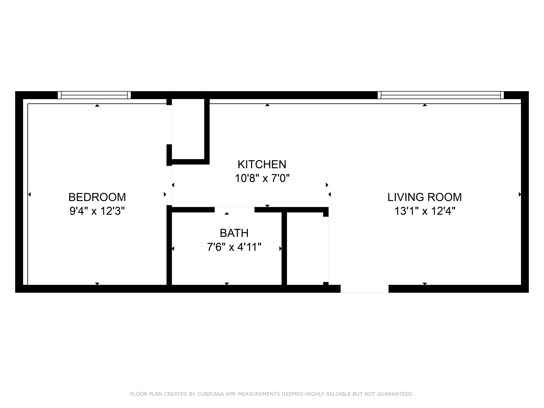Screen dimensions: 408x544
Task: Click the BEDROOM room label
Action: pyautogui.click(x=97, y=197)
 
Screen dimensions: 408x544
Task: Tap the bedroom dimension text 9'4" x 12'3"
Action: pyautogui.click(x=97, y=211)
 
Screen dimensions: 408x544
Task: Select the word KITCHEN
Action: pyautogui.click(x=262, y=165)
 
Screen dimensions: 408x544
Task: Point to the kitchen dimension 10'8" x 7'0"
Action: pyautogui.click(x=262, y=178)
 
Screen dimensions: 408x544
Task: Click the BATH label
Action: pyautogui.click(x=234, y=233)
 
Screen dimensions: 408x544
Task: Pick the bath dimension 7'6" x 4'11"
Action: pyautogui.click(x=234, y=247)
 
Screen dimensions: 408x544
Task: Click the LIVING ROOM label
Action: pyautogui.click(x=424, y=197)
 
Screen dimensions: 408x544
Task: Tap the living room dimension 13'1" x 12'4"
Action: pyautogui.click(x=424, y=211)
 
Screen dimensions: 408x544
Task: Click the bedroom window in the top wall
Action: pyautogui.click(x=94, y=95)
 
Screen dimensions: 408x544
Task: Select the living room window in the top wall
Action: pyautogui.click(x=441, y=95)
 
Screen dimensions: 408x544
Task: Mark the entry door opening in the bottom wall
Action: pyautogui.click(x=364, y=289)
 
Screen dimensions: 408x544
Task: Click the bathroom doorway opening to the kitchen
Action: pyautogui.click(x=234, y=210)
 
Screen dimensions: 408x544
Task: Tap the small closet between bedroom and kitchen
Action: pyautogui.click(x=188, y=129)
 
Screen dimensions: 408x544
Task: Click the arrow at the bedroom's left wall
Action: pyautogui.click(x=29, y=194)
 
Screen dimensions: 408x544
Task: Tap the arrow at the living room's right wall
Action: pyautogui.click(x=520, y=194)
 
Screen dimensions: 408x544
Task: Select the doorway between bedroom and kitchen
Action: pyautogui.click(x=169, y=185)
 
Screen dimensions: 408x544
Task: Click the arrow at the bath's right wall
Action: pyautogui.click(x=280, y=249)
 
